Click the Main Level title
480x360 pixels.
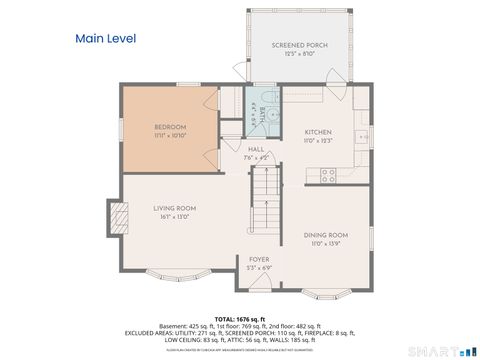point(106,39)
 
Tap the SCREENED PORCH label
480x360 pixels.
point(299,45)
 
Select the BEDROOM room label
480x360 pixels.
point(170,127)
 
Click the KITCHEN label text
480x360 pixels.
point(318,132)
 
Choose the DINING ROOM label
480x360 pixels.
point(326,235)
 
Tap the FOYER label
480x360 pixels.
point(259,259)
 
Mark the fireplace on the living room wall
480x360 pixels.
point(118,217)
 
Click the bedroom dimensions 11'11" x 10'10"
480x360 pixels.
point(170,135)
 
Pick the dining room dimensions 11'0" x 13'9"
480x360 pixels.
point(326,243)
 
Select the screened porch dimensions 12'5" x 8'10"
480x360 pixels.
point(299,53)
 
